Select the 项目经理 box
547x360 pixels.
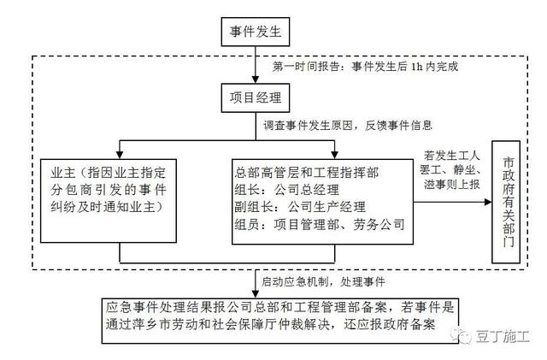pyautogui.click(x=254, y=96)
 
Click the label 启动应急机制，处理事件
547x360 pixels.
pyautogui.click(x=323, y=280)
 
